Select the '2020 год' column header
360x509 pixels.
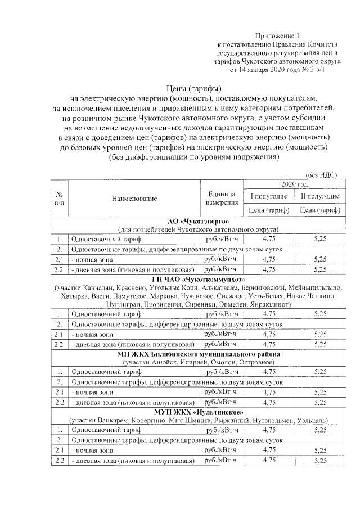click(x=291, y=184)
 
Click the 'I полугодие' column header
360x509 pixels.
click(x=268, y=196)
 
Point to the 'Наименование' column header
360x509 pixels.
click(x=134, y=198)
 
